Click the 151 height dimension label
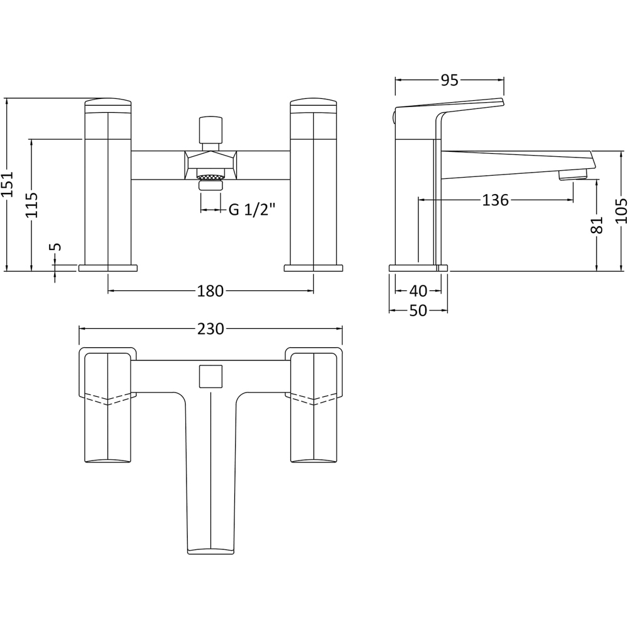[x=8, y=185]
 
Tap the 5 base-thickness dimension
[x=55, y=247]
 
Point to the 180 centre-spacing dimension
[x=210, y=291]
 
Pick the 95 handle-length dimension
[x=449, y=80]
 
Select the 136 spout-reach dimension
[x=495, y=200]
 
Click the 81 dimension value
[x=597, y=224]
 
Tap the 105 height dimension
[x=621, y=211]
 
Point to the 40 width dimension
[x=418, y=291]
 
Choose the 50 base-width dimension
[x=418, y=311]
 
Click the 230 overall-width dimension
[x=210, y=329]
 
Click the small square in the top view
[x=210, y=377]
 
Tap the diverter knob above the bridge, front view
[x=210, y=131]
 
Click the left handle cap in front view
[x=108, y=105]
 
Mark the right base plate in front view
[x=313, y=268]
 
